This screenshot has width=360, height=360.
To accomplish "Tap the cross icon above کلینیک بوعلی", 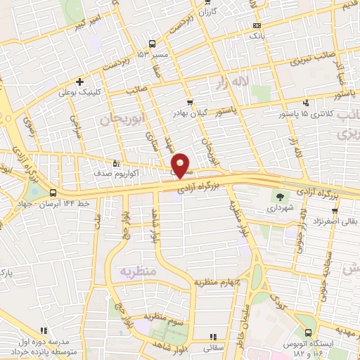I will [80, 82].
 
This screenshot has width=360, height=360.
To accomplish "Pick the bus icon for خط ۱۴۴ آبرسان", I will [54, 193].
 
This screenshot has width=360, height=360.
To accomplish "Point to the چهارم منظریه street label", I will [219, 283].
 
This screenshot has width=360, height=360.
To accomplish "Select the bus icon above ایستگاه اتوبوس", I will [308, 333].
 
